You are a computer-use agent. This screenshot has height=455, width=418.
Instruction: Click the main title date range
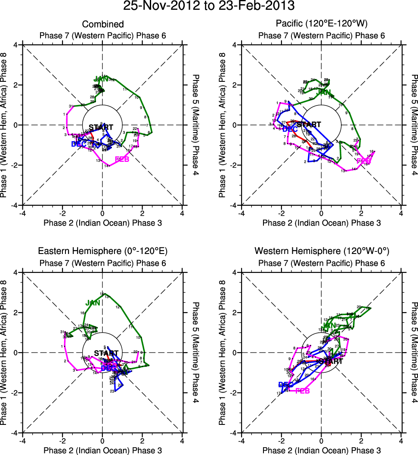click(209, 6)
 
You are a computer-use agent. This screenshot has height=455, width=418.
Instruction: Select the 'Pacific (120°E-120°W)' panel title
click(321, 25)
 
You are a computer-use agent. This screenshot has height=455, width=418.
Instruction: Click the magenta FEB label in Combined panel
click(122, 160)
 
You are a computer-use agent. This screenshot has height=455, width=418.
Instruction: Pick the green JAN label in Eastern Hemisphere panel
click(93, 303)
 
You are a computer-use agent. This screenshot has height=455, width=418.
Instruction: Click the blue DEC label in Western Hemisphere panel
click(286, 384)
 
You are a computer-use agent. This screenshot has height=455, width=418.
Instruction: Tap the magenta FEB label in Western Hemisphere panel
click(303, 391)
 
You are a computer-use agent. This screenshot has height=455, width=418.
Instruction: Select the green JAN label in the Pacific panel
click(324, 92)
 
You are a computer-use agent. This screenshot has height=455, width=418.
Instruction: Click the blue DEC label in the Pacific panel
click(291, 129)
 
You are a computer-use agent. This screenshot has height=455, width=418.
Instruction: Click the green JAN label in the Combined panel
click(102, 79)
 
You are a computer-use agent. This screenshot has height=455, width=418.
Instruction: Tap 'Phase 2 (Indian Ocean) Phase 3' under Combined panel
click(102, 223)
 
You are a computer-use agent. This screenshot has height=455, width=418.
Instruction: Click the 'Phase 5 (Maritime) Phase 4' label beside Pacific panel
click(414, 125)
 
